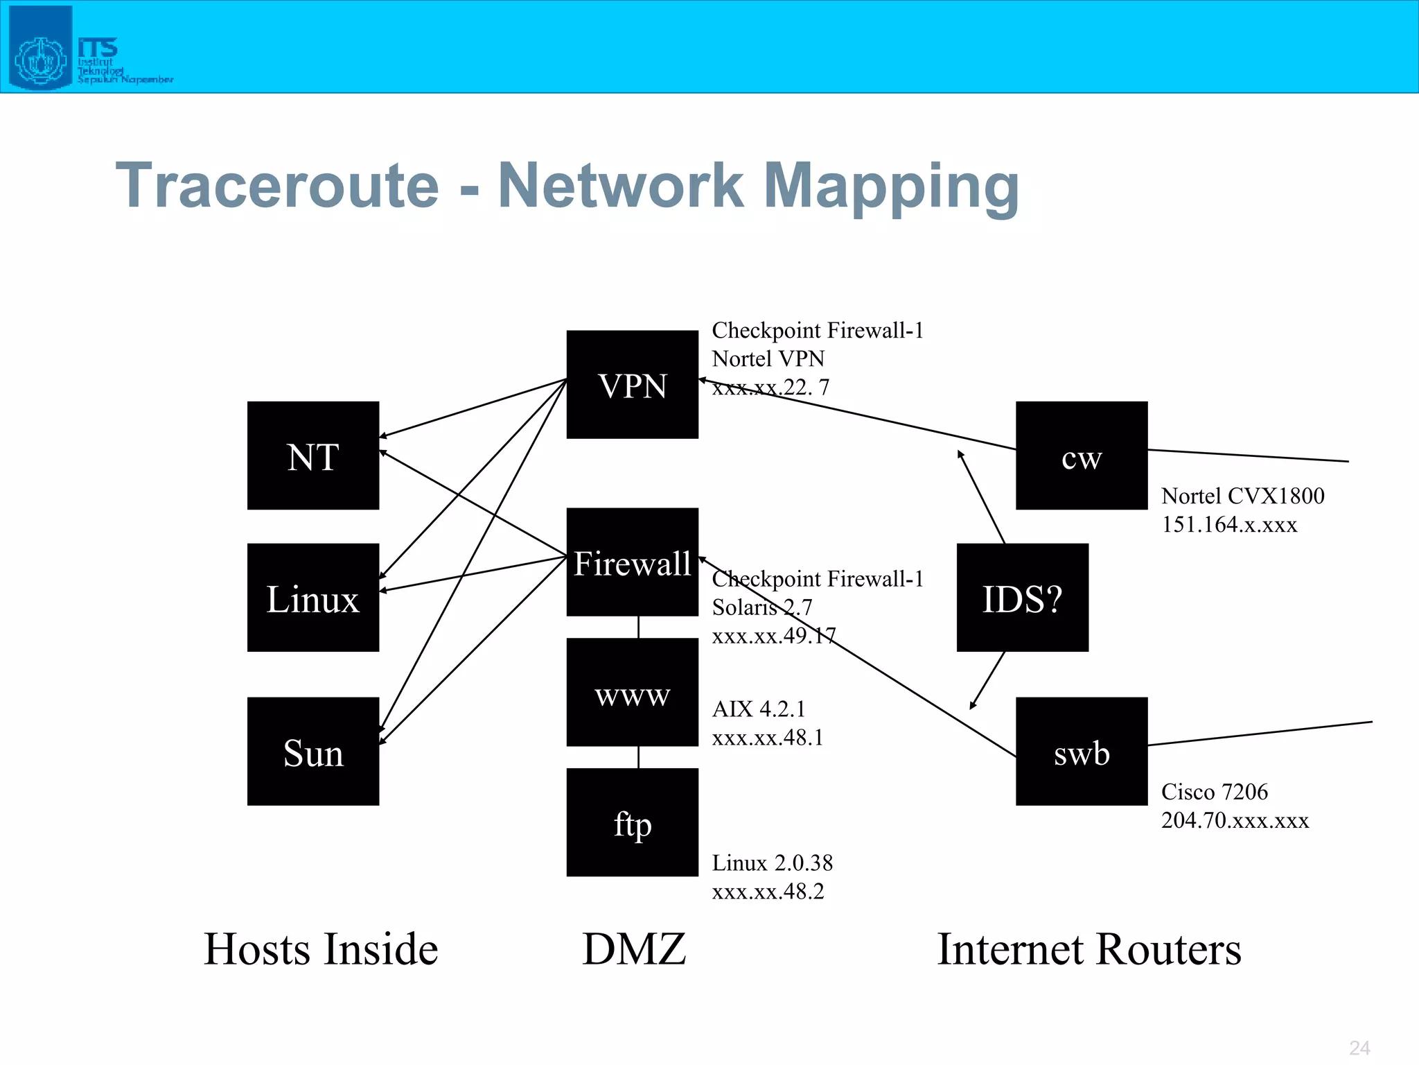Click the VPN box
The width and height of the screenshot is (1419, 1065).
pyautogui.click(x=632, y=384)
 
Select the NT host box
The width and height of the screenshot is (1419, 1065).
pyautogui.click(x=313, y=456)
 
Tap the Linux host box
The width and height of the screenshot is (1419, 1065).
pyautogui.click(x=313, y=597)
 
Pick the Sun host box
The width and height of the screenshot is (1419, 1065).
pyautogui.click(x=313, y=751)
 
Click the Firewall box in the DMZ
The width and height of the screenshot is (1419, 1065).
pyautogui.click(x=632, y=562)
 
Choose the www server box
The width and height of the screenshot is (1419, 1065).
pyautogui.click(x=632, y=692)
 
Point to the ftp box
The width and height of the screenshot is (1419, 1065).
pyautogui.click(x=632, y=822)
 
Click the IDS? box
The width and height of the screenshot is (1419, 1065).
pyautogui.click(x=1022, y=597)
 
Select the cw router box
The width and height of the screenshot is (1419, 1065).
pyautogui.click(x=1081, y=456)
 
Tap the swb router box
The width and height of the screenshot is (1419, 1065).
pyautogui.click(x=1081, y=751)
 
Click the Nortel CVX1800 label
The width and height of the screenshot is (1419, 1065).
pyautogui.click(x=1242, y=496)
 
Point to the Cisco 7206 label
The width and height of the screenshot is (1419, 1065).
pyautogui.click(x=1214, y=792)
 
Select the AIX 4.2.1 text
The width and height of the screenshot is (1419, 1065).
pyautogui.click(x=759, y=709)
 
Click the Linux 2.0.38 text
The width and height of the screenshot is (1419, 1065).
pyautogui.click(x=772, y=863)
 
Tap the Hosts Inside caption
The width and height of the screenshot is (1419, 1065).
pyautogui.click(x=321, y=949)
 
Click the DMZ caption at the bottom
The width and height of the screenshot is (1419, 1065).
pyautogui.click(x=634, y=949)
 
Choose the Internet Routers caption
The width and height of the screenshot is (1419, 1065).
pyautogui.click(x=1089, y=949)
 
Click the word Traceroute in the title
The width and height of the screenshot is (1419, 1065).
pyautogui.click(x=277, y=186)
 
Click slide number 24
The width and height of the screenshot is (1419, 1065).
pyautogui.click(x=1359, y=1048)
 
